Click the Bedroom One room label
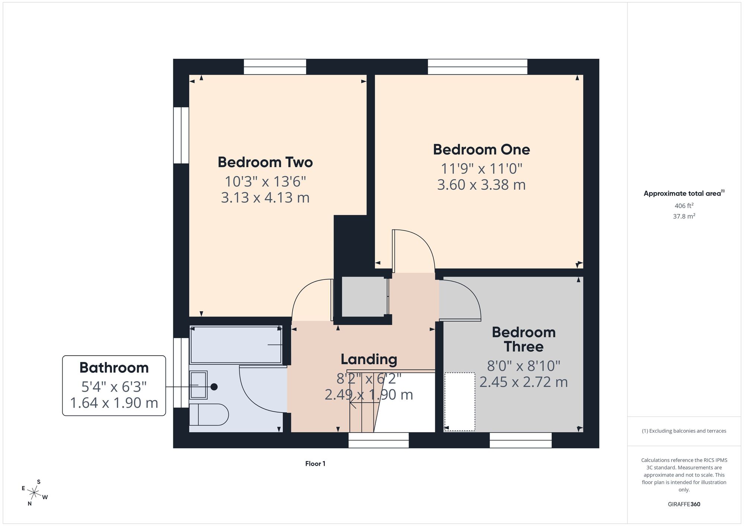point(481,150)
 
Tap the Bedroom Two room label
point(265,162)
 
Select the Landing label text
point(369,359)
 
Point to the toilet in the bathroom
point(208,414)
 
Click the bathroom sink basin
point(198,385)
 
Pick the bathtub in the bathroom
point(236,344)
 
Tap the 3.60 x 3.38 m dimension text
point(481,185)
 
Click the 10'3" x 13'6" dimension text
point(265,182)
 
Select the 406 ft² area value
point(684,206)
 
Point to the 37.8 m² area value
point(684,216)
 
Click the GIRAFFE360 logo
point(684,504)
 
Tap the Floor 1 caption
point(315,464)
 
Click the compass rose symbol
point(35,493)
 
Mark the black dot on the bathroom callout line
point(214,387)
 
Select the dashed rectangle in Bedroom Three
point(460,402)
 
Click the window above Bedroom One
point(478,67)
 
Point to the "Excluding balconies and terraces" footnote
point(684,431)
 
